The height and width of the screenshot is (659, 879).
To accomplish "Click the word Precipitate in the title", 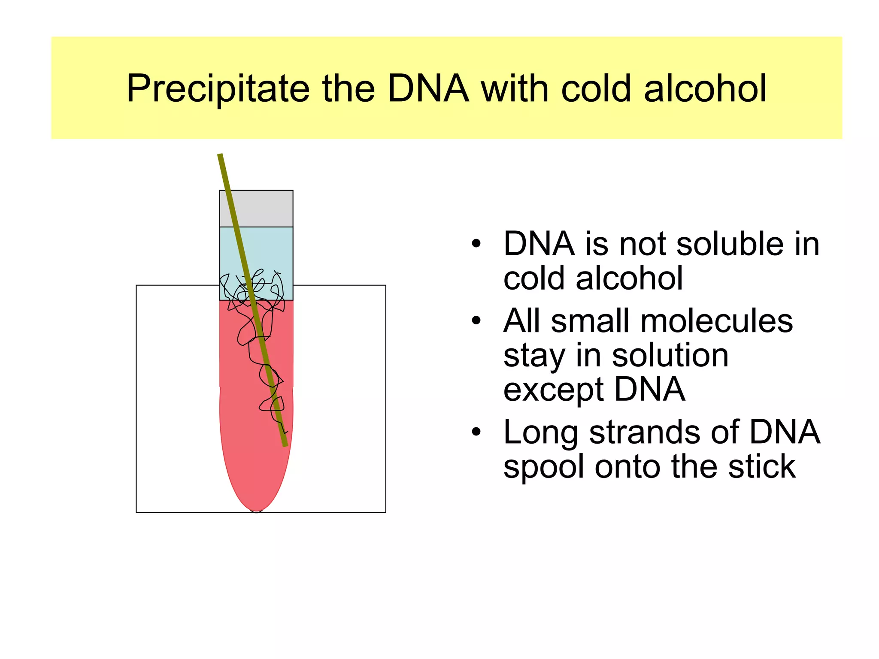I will tap(218, 89).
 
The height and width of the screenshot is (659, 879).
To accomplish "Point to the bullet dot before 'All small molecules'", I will tap(476, 320).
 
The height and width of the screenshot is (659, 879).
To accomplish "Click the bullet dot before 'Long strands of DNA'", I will tap(476, 432).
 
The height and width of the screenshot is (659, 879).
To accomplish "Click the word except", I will tap(554, 390).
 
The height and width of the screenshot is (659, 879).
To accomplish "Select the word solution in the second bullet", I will tap(670, 355).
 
